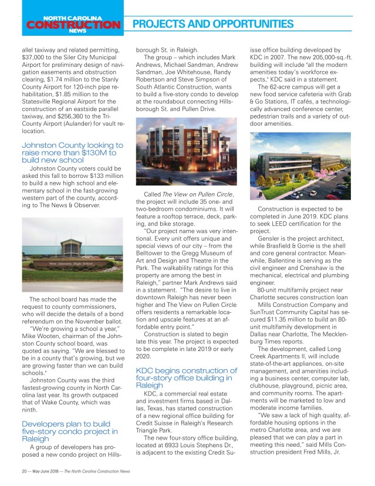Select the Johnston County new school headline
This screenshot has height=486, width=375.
click(72, 152)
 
